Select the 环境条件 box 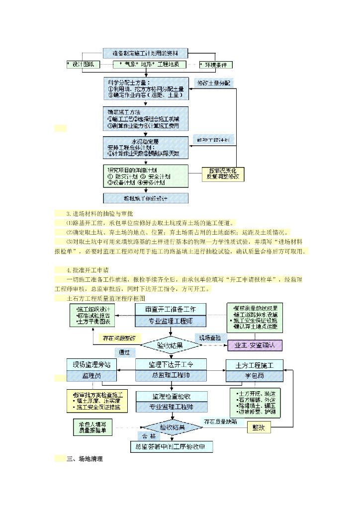click(x=215, y=65)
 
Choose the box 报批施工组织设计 click(x=145, y=198)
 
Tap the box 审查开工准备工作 click(x=171, y=309)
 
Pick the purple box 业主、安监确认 click(x=255, y=344)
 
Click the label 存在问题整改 click(x=119, y=338)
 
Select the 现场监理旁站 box click(x=91, y=365)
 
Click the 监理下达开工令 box click(x=171, y=365)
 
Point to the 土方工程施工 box click(x=255, y=365)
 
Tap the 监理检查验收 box click(x=171, y=396)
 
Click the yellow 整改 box click(x=259, y=427)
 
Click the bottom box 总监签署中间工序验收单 click(x=171, y=447)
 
